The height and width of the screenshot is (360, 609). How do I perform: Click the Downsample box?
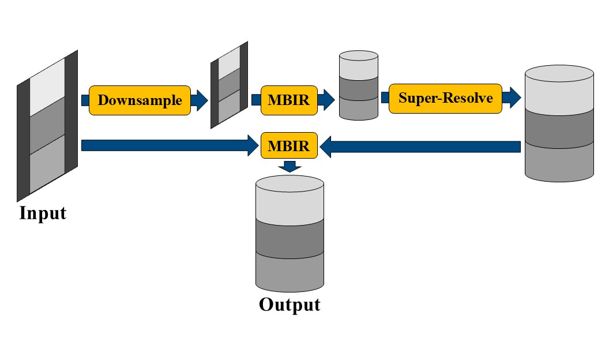pyautogui.click(x=140, y=100)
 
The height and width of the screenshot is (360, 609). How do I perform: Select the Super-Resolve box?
pyautogui.click(x=445, y=98)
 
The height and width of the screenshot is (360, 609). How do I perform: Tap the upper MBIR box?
pyautogui.click(x=289, y=100)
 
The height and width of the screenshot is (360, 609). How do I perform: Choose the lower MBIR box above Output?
pyautogui.click(x=289, y=145)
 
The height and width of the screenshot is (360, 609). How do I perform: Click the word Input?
pyautogui.click(x=43, y=213)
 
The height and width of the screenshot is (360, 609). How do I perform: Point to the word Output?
pyautogui.click(x=290, y=305)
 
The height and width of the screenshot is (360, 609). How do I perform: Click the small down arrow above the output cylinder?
pyautogui.click(x=290, y=166)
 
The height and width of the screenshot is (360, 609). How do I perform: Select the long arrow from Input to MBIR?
pyautogui.click(x=170, y=145)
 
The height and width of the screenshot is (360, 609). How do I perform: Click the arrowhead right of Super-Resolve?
pyautogui.click(x=512, y=97)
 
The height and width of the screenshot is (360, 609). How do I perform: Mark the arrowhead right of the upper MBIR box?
pyautogui.click(x=326, y=100)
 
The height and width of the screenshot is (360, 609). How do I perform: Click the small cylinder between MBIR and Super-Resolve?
pyautogui.click(x=359, y=85)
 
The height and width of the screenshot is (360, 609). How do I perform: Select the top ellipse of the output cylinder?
pyautogui.click(x=290, y=183)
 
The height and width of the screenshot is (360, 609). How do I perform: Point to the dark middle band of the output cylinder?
pyautogui.click(x=290, y=238)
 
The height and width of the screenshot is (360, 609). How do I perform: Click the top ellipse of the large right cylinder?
pyautogui.click(x=559, y=73)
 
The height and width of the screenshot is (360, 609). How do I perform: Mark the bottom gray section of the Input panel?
pyautogui.click(x=47, y=163)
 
